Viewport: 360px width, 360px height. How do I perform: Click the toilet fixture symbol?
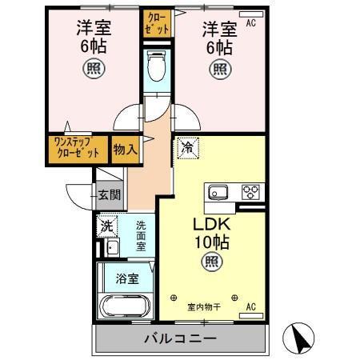[157, 66]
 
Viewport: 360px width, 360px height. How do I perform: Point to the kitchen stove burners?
[251, 192]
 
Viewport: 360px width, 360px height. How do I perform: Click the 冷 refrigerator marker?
[187, 148]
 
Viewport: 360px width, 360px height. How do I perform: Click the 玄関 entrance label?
[110, 194]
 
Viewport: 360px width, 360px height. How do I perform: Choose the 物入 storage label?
[124, 150]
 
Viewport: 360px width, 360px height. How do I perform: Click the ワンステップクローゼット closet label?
[78, 149]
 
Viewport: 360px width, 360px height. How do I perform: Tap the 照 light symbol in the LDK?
[210, 260]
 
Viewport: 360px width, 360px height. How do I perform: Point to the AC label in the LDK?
[250, 306]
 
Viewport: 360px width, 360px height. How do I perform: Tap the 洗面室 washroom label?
[141, 237]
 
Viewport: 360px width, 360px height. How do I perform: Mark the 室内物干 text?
[203, 306]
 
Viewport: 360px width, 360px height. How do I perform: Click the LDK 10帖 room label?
[210, 233]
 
